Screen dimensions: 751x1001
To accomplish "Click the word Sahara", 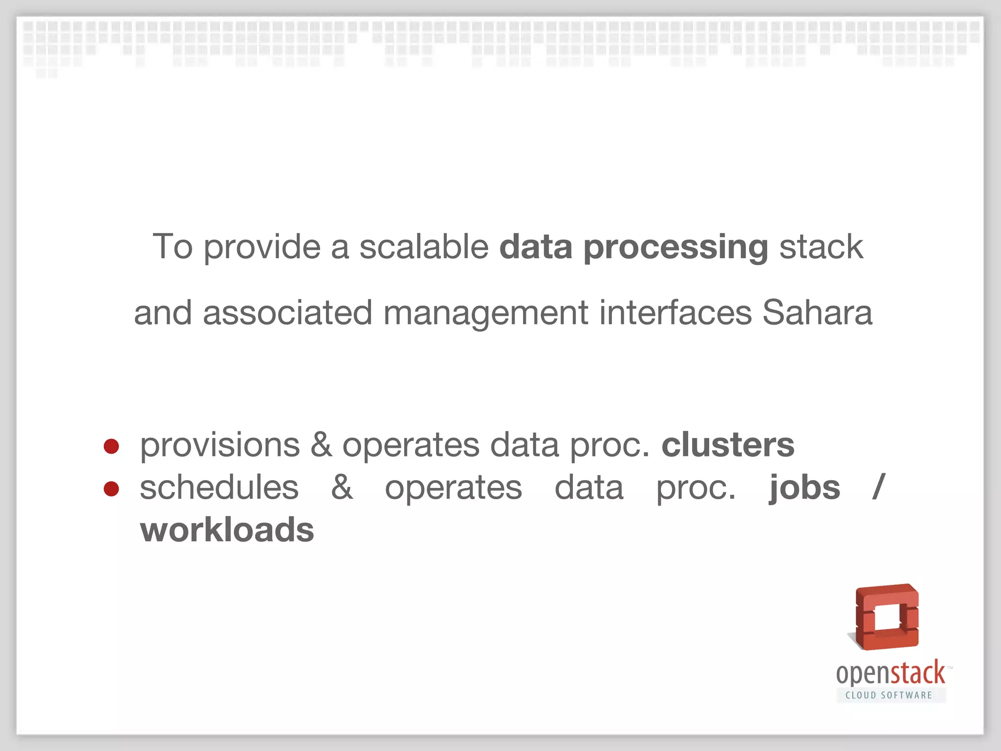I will click(817, 313).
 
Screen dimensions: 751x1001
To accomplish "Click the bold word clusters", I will click(728, 445).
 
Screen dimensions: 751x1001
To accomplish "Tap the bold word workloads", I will click(227, 530).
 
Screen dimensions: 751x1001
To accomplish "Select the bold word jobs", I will click(805, 488).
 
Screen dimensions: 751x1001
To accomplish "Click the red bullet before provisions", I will click(111, 446).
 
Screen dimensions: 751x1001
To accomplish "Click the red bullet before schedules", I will click(111, 488).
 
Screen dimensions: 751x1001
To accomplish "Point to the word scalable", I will click(424, 246).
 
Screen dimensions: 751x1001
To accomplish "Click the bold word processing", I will click(675, 247).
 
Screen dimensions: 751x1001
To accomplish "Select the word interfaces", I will click(675, 313).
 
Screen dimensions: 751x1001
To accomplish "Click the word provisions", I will click(219, 446).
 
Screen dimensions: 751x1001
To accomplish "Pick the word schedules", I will click(219, 487).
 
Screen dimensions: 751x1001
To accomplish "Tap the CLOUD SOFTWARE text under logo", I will click(889, 695).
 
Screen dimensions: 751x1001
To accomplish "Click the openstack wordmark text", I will click(890, 674).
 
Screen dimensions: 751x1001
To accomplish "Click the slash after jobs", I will click(878, 487).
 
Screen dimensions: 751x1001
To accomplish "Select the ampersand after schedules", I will click(342, 487).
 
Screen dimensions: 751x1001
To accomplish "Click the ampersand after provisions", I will click(321, 445).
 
